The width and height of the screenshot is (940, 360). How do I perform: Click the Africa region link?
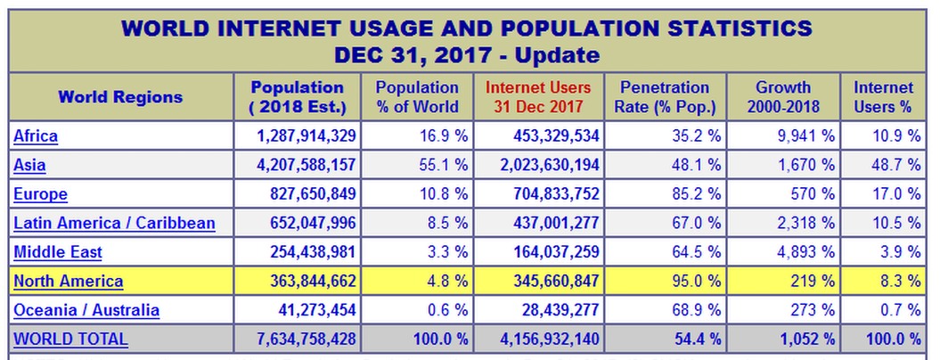tap(36, 136)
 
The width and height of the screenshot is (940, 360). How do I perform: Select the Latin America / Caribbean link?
tap(114, 223)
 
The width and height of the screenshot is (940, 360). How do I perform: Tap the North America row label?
tap(68, 282)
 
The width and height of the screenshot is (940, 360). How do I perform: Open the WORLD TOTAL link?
tap(70, 340)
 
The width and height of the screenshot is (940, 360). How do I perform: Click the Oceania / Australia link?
tap(86, 310)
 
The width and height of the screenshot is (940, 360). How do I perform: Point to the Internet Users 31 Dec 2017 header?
tap(538, 97)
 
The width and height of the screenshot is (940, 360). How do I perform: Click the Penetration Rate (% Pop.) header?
tap(665, 97)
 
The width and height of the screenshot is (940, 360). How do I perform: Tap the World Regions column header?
tap(120, 97)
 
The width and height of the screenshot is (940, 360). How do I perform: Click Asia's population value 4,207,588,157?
tap(300, 165)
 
